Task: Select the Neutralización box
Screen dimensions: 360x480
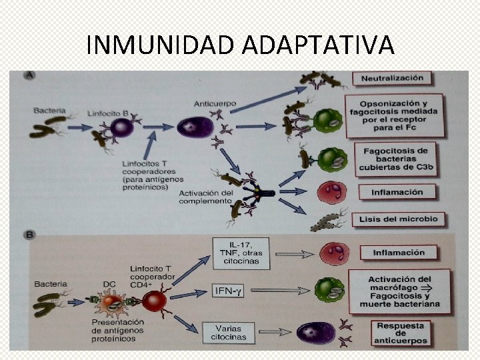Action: click(x=392, y=78)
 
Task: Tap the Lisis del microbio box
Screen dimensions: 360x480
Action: click(x=398, y=219)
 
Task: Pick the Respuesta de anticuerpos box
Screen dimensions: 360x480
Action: click(x=400, y=333)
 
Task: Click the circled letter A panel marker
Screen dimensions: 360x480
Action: click(x=29, y=76)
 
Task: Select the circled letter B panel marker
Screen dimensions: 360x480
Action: click(x=29, y=235)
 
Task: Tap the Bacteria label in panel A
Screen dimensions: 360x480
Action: click(x=49, y=108)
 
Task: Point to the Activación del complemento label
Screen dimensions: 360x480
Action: click(x=206, y=197)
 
